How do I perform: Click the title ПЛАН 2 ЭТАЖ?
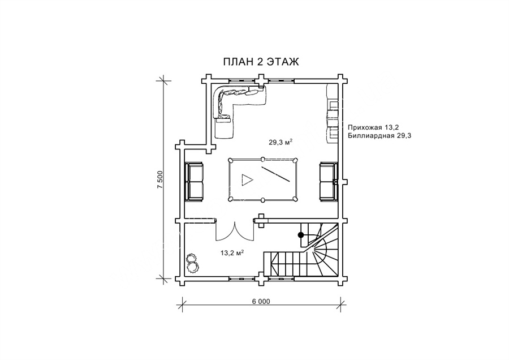261,62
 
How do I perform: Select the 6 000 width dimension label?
261,301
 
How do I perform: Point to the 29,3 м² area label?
281,142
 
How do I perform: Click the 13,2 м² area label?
232,252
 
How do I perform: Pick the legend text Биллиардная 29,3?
379,136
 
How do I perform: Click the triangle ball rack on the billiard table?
247,179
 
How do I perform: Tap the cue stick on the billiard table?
275,174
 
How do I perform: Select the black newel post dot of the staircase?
301,234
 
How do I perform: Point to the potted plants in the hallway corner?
192,263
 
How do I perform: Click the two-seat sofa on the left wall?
194,182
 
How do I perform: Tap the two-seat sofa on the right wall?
328,182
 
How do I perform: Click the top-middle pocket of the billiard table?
263,159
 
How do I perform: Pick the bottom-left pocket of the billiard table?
231,199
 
